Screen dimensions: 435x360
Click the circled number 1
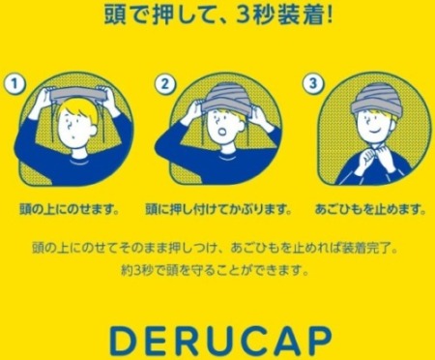(14, 84)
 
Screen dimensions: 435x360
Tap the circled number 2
(165, 84)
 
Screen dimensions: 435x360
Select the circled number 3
(313, 83)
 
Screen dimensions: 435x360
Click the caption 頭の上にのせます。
(70, 209)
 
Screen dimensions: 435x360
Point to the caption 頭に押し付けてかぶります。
(218, 209)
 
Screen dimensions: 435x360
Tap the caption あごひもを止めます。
(370, 209)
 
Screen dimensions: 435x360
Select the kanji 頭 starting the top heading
(114, 15)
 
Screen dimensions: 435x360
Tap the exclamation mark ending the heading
(329, 15)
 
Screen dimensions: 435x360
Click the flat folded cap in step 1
(76, 94)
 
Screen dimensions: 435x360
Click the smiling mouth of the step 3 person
(374, 132)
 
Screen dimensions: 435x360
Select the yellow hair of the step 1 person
(79, 109)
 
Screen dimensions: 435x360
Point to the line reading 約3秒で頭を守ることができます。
(216, 270)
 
